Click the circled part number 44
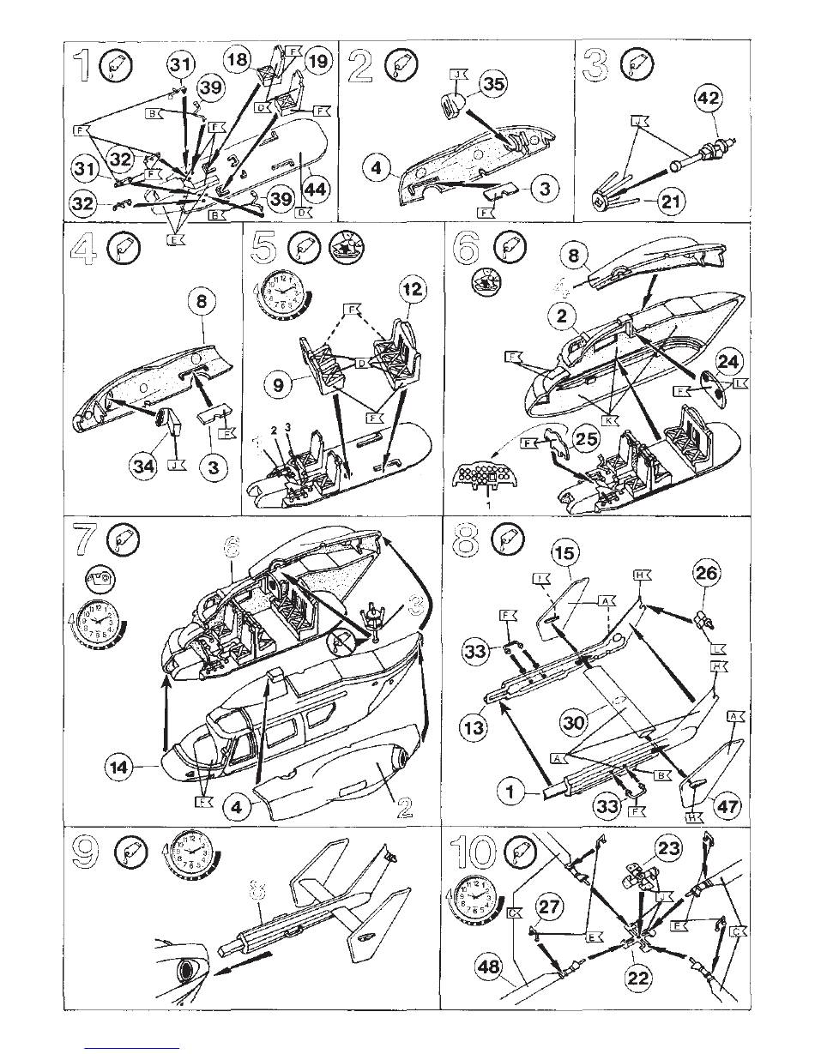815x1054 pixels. point(315,190)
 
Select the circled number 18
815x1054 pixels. point(238,60)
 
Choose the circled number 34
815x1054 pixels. point(143,466)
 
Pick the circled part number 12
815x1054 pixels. point(412,289)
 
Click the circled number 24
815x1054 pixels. point(732,361)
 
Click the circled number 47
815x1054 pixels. point(729,808)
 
